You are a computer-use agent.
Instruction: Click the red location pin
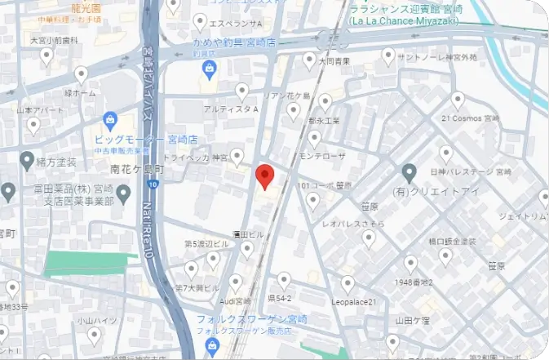pyautogui.click(x=263, y=175)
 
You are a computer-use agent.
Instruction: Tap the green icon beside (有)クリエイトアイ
pyautogui.click(x=410, y=173)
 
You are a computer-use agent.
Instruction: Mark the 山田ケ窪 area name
pyautogui.click(x=412, y=320)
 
